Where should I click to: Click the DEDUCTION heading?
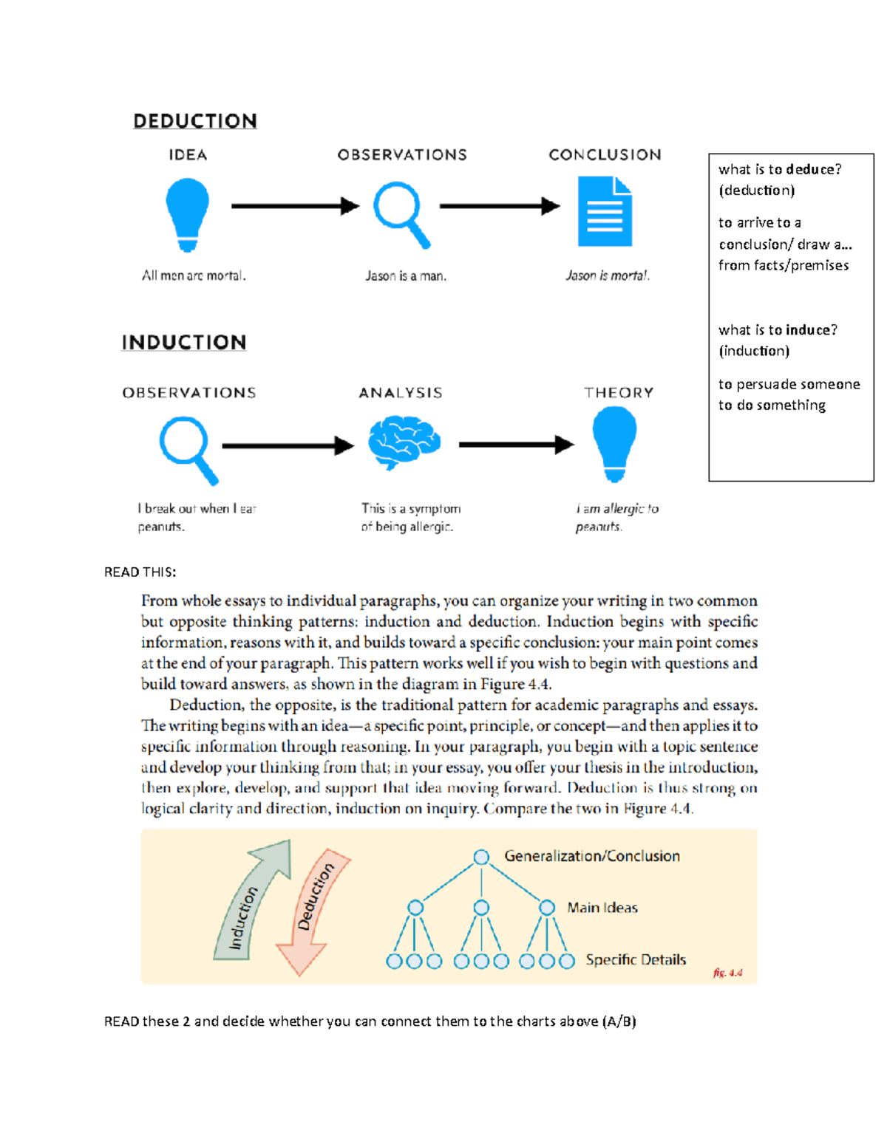[195, 121]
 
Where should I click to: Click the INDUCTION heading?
[184, 343]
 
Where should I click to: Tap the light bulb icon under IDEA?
[188, 213]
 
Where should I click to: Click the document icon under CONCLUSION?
[605, 211]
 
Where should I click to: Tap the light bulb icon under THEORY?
[614, 443]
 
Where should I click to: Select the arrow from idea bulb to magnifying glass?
[294, 206]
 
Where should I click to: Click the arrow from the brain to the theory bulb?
[516, 445]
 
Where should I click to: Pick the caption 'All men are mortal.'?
[194, 276]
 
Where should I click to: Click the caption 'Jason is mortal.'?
[608, 276]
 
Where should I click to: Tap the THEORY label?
[619, 393]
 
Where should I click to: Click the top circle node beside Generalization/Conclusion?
[481, 857]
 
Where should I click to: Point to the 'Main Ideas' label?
[602, 908]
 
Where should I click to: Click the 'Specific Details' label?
[636, 959]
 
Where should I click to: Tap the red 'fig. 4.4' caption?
[727, 973]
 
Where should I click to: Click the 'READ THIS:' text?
[140, 572]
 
